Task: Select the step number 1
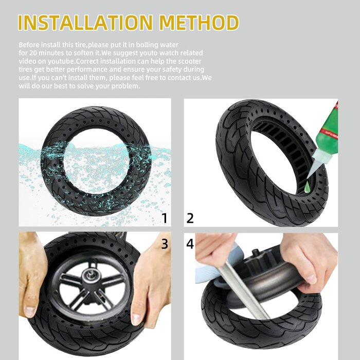(x=165, y=218)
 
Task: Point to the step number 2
(x=190, y=218)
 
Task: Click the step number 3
(x=165, y=243)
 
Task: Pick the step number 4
(x=190, y=243)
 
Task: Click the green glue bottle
(x=327, y=136)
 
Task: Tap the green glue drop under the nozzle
(x=307, y=188)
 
